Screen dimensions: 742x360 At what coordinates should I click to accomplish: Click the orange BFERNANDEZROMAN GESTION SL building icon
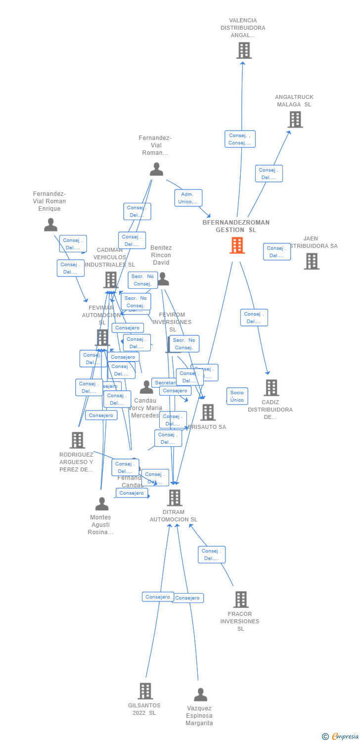tap(237, 245)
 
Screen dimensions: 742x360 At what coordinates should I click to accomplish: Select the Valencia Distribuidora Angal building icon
tap(244, 50)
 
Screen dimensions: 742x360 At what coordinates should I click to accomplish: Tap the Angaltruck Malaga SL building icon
tap(295, 119)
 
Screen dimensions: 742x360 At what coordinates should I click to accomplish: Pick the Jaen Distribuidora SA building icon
tap(311, 261)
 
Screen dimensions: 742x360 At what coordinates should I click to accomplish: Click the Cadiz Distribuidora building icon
tap(271, 388)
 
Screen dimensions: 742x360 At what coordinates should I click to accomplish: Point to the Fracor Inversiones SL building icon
tap(240, 600)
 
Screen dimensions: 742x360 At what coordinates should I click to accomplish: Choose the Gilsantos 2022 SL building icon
tap(145, 691)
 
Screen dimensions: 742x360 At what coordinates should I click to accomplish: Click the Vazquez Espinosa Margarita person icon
tap(200, 695)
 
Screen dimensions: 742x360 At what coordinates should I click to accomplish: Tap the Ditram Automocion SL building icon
tap(174, 498)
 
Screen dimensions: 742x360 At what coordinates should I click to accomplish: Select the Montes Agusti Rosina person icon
tap(101, 504)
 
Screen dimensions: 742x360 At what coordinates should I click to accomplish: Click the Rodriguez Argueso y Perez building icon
tap(77, 440)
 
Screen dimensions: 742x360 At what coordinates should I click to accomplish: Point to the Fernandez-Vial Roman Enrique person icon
tap(50, 225)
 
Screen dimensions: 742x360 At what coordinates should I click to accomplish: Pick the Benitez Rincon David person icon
tap(163, 279)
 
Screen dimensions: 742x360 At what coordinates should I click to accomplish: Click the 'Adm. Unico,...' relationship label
tap(188, 198)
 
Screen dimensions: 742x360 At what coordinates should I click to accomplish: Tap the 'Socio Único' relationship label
tap(237, 396)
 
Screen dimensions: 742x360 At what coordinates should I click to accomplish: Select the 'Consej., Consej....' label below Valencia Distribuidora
tap(240, 139)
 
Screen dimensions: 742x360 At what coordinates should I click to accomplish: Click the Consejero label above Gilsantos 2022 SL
tap(158, 597)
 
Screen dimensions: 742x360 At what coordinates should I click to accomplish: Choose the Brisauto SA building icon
tap(208, 412)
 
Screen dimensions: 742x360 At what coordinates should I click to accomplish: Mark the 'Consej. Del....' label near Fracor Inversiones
tap(212, 555)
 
